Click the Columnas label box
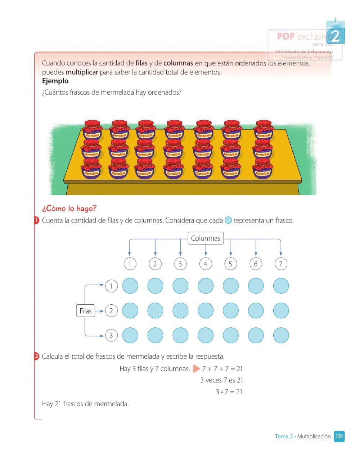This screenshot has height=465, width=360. tap(206, 238)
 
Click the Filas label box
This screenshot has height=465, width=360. tap(86, 311)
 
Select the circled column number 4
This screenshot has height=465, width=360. tap(206, 264)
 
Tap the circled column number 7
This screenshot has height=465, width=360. tap(281, 264)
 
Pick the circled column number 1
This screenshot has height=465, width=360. tap(130, 264)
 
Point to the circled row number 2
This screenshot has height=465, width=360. tap(111, 311)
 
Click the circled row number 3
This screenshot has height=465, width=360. tap(111, 336)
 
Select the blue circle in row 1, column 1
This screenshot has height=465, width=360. tap(130, 286)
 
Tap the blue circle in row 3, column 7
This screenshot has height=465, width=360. tap(281, 335)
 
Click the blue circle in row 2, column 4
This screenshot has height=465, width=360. tap(206, 310)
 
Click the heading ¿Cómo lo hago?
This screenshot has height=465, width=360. tap(69, 209)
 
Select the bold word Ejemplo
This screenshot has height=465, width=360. tap(55, 81)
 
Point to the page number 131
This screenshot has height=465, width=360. tap(339, 437)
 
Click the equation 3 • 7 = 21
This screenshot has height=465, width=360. tap(229, 392)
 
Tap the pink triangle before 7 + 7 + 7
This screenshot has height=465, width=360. tap(196, 369)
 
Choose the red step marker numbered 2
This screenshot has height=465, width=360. tap(36, 357)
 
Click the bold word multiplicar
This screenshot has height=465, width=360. tap(82, 72)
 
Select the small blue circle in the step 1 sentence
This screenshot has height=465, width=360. tap(228, 220)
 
